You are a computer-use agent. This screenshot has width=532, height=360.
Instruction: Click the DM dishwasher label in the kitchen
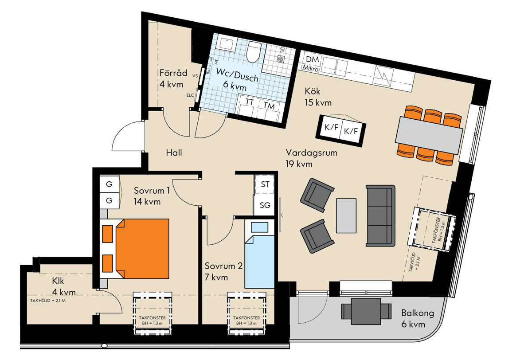pos(312,59)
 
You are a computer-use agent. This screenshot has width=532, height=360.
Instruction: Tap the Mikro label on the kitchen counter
pos(310,68)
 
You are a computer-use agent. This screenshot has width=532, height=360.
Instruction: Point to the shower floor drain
pos(281,59)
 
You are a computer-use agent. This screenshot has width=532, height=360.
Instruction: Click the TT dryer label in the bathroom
pos(250,102)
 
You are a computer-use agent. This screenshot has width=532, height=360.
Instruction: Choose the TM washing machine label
pos(269,106)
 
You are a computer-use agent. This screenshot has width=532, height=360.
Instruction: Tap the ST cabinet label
pos(265,184)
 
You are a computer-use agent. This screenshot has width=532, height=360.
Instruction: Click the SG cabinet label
pos(265,205)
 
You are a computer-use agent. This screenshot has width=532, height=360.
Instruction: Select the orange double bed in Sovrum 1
pos(142,249)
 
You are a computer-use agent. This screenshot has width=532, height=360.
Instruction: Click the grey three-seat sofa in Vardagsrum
pos(380,215)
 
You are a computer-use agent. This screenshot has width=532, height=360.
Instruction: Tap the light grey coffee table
pos(346,215)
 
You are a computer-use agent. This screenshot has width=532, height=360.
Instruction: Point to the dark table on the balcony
pos(366,311)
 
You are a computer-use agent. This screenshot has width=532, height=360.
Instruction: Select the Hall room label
pos(174,153)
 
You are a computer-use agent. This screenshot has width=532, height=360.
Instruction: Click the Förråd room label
pos(173,73)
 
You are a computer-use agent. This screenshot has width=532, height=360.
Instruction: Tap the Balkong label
pos(418,313)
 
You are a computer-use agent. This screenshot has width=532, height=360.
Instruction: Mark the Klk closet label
pos(58,281)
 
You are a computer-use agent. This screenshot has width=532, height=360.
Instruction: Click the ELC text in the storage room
pos(190,95)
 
